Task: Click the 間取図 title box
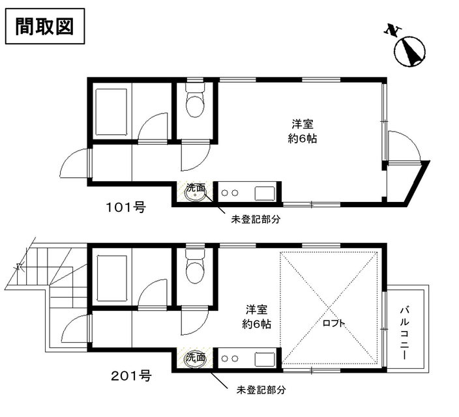click(x=45, y=26)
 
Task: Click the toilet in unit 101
click(x=195, y=100)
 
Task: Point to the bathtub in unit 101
click(x=111, y=112)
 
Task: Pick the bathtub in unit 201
click(x=111, y=278)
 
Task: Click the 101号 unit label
click(x=126, y=208)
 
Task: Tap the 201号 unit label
click(x=131, y=376)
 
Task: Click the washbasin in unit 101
click(x=196, y=194)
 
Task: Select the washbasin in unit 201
click(x=196, y=358)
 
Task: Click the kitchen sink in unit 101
click(x=265, y=194)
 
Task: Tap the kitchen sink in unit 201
click(x=265, y=360)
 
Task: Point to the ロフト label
click(x=334, y=323)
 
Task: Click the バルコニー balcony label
click(x=405, y=333)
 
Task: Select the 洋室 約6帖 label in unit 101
click(x=303, y=132)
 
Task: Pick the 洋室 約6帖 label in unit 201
click(x=256, y=317)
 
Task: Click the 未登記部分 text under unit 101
click(x=256, y=219)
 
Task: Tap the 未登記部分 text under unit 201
click(x=261, y=390)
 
